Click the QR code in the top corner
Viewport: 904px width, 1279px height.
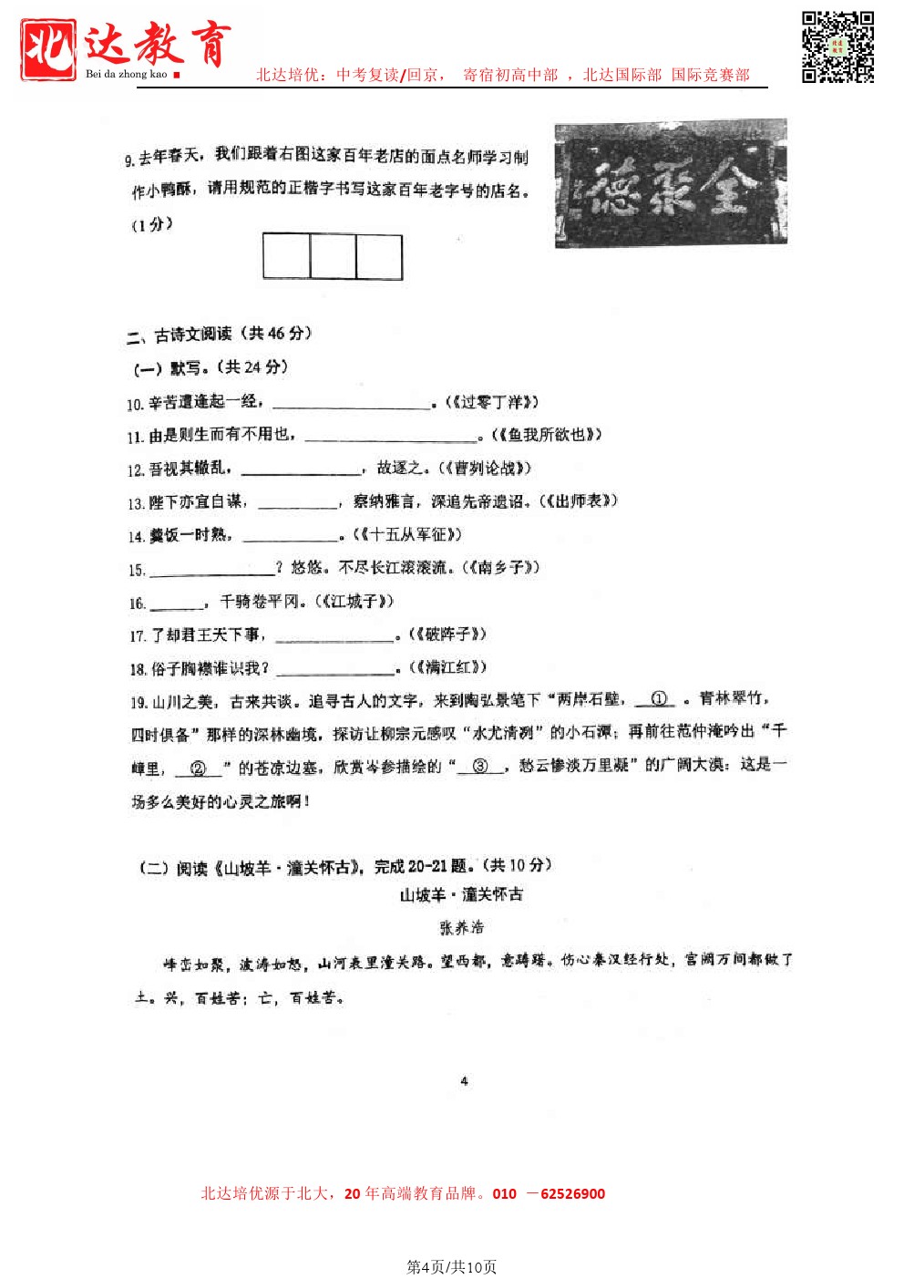point(837,47)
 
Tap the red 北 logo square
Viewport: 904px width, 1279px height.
point(48,49)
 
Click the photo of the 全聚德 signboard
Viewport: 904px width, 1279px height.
point(671,183)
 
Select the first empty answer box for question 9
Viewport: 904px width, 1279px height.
point(286,257)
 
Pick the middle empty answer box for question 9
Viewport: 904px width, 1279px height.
point(333,257)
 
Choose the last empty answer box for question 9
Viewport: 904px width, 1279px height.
point(379,257)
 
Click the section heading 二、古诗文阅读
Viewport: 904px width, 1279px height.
point(219,335)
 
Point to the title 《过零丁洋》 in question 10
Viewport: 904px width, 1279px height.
point(492,402)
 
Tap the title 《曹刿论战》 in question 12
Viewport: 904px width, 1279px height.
point(485,469)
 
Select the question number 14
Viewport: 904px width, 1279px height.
point(136,537)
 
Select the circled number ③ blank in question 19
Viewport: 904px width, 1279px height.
point(480,767)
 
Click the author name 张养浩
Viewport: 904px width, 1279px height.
point(462,927)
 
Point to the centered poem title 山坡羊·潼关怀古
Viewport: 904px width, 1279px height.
point(461,895)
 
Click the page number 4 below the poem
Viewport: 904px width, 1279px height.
point(464,1081)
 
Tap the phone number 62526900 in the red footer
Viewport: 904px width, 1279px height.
point(572,1194)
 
